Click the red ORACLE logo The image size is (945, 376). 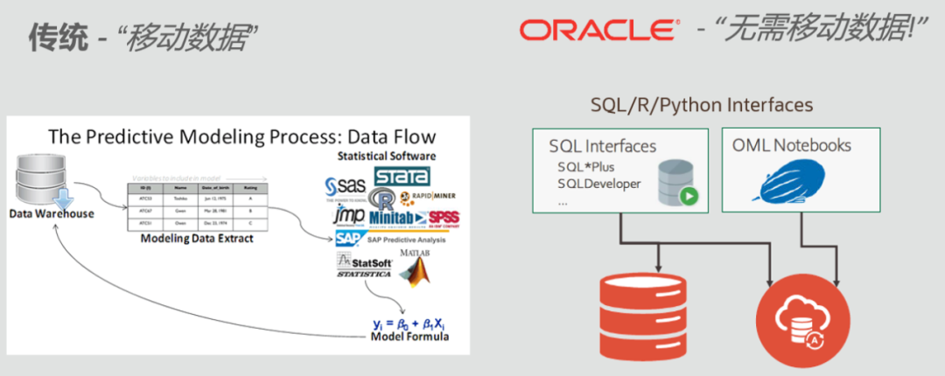pos(597,31)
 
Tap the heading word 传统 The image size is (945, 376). pos(58,37)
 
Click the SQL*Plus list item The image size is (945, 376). pos(588,166)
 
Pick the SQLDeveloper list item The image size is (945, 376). pos(599,184)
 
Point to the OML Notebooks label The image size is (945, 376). pos(791,145)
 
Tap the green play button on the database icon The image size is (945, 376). pos(689,197)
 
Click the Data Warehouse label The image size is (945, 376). pos(52,213)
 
